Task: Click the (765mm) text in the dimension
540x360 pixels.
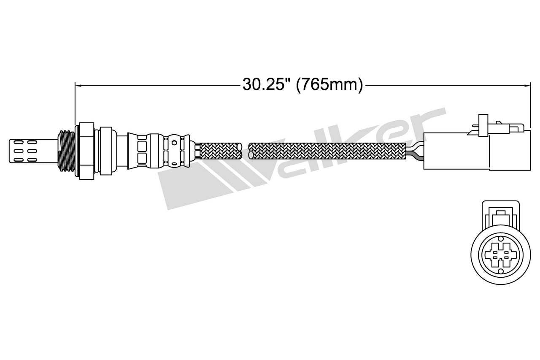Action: [329, 85]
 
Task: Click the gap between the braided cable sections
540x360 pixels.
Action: [246, 151]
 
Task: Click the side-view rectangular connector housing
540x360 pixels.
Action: [477, 151]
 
